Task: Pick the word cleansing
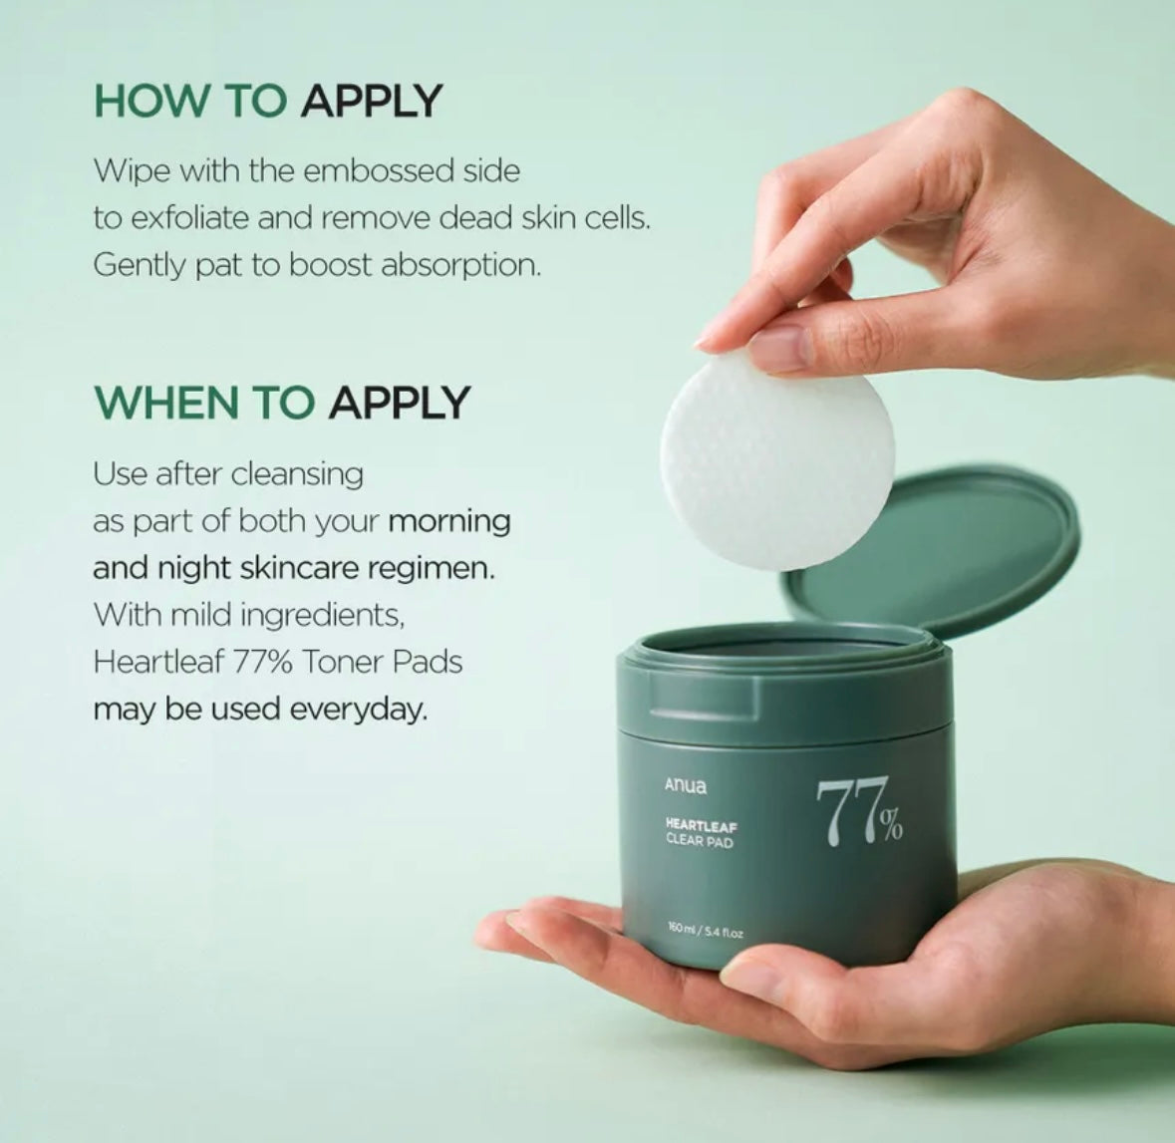tap(297, 475)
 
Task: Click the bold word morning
tap(449, 521)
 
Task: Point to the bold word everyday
tap(358, 710)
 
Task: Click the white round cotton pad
tap(777, 461)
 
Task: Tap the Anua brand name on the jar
tap(685, 785)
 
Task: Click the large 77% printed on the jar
tap(859, 812)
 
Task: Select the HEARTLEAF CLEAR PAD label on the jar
tap(701, 833)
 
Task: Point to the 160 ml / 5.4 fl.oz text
tap(706, 932)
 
